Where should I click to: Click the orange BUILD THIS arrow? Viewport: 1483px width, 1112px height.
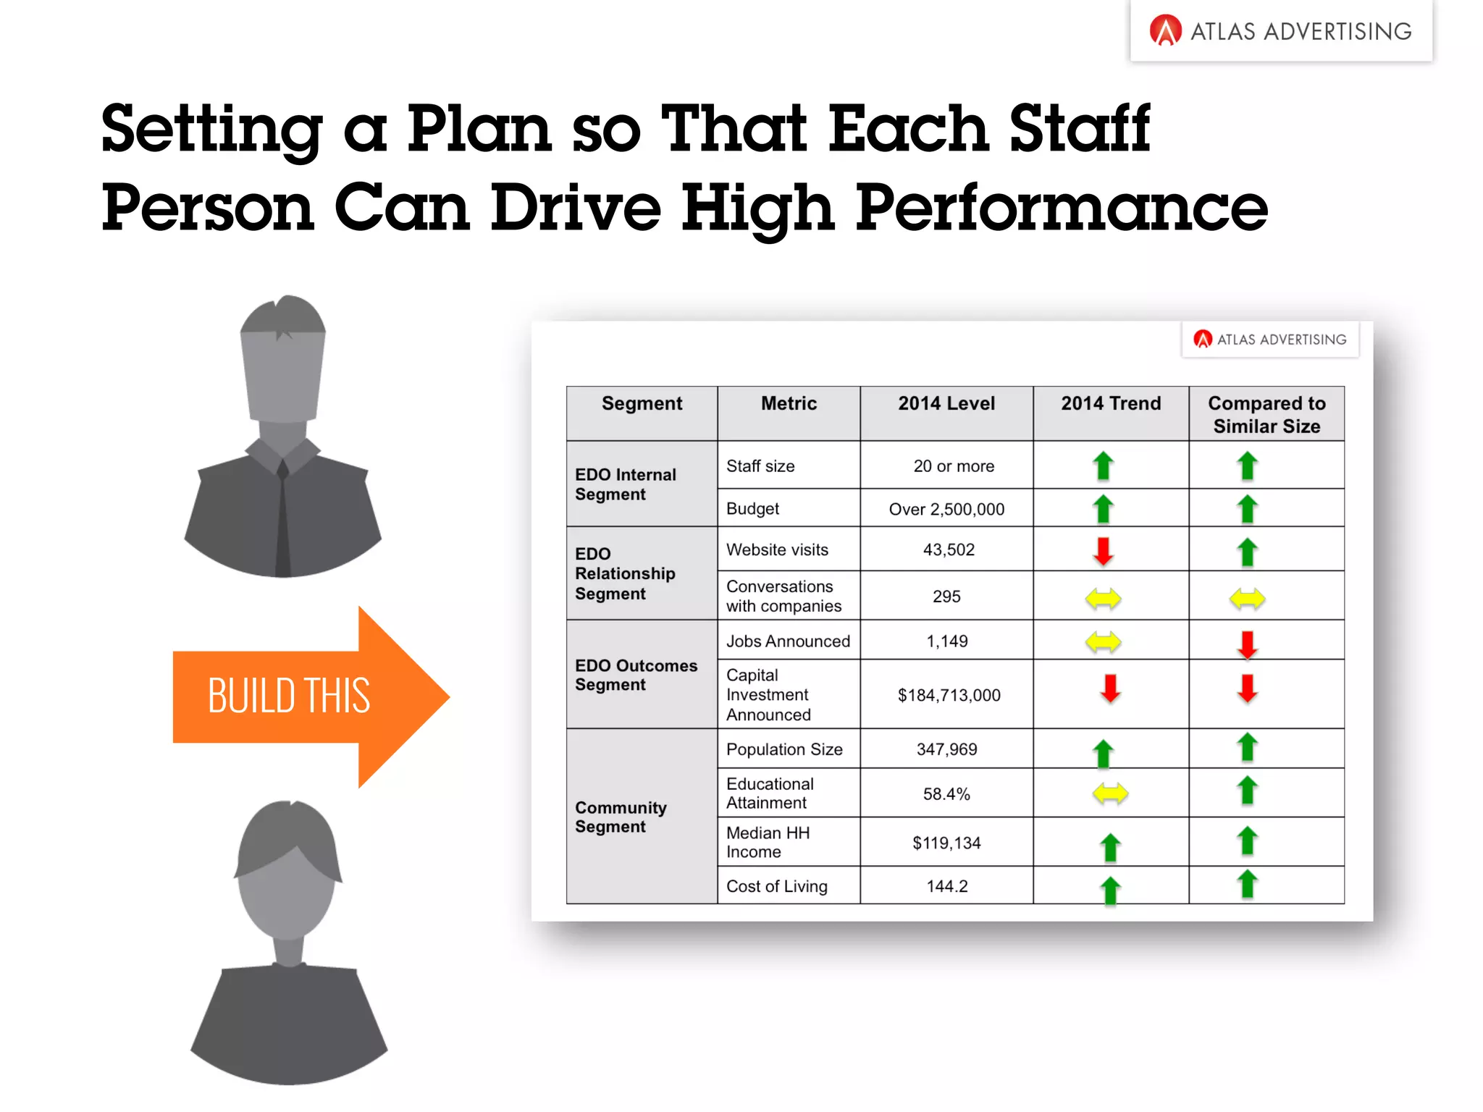click(304, 696)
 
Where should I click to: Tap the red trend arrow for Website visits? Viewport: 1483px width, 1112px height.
click(1103, 551)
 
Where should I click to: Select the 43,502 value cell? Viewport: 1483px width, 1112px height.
click(948, 549)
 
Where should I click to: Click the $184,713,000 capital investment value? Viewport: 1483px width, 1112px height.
click(949, 695)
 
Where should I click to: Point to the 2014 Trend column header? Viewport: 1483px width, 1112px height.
click(1111, 404)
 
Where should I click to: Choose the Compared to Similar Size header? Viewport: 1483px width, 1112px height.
click(1266, 414)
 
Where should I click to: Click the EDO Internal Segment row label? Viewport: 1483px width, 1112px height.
click(626, 484)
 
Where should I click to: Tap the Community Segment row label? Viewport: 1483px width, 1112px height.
click(621, 817)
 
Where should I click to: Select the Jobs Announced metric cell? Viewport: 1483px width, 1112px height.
click(788, 641)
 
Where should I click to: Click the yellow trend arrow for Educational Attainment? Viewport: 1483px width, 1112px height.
click(1110, 793)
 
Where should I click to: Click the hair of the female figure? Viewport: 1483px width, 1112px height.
click(288, 840)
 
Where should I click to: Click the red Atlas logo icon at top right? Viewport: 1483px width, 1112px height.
click(1165, 31)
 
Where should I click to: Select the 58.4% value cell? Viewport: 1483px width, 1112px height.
click(946, 794)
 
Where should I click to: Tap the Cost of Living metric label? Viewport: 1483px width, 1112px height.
click(776, 886)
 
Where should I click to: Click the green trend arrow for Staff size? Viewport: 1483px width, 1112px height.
click(1103, 466)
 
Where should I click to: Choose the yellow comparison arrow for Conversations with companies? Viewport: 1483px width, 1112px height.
click(1247, 599)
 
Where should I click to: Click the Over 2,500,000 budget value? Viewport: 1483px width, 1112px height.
click(946, 509)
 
